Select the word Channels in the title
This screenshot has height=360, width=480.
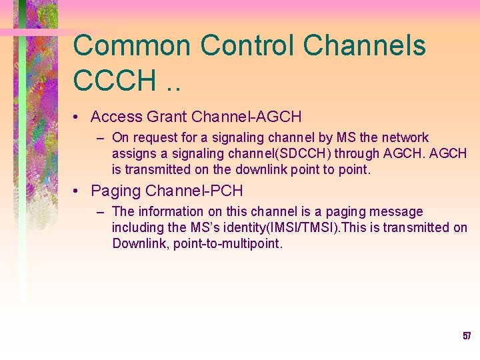pos(365,46)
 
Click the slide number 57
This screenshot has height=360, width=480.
pos(467,336)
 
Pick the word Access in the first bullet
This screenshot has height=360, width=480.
pos(117,117)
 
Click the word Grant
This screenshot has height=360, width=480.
pos(167,117)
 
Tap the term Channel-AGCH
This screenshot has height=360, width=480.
pos(246,117)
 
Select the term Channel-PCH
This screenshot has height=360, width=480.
pos(195,191)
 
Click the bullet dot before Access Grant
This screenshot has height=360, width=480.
pos(78,118)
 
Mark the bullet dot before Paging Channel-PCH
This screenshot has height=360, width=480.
pos(78,192)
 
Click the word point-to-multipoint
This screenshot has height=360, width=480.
pos(228,243)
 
